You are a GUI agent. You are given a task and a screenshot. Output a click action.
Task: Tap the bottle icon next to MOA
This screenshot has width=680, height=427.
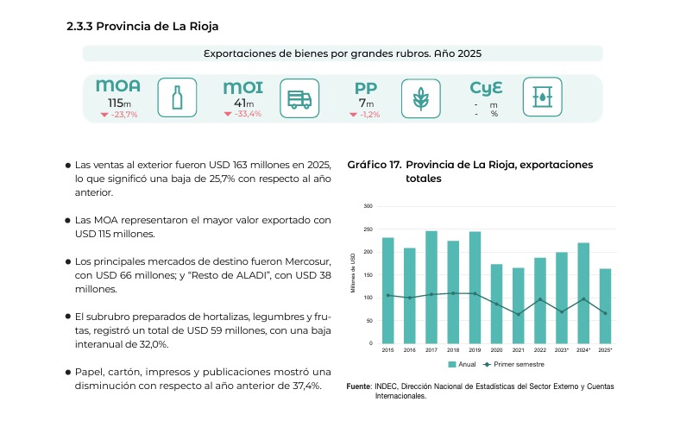pyautogui.click(x=178, y=97)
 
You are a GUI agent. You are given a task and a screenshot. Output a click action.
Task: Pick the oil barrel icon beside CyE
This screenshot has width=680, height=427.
pyautogui.click(x=541, y=97)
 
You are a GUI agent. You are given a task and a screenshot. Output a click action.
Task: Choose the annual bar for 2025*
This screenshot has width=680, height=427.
pyautogui.click(x=605, y=305)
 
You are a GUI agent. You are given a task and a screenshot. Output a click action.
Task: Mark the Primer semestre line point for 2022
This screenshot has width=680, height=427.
pyautogui.click(x=540, y=299)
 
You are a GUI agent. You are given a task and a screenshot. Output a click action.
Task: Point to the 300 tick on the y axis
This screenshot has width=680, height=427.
pyautogui.click(x=368, y=206)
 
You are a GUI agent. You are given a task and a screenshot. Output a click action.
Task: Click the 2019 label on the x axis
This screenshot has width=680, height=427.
pyautogui.click(x=475, y=350)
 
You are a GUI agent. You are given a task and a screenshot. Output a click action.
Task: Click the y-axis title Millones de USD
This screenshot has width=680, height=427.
pyautogui.click(x=353, y=274)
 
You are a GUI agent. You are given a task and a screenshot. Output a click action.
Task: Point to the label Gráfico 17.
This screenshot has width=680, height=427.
pyautogui.click(x=373, y=165)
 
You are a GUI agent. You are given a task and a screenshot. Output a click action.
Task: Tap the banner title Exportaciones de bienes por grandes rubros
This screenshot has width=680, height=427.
pyautogui.click(x=342, y=53)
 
